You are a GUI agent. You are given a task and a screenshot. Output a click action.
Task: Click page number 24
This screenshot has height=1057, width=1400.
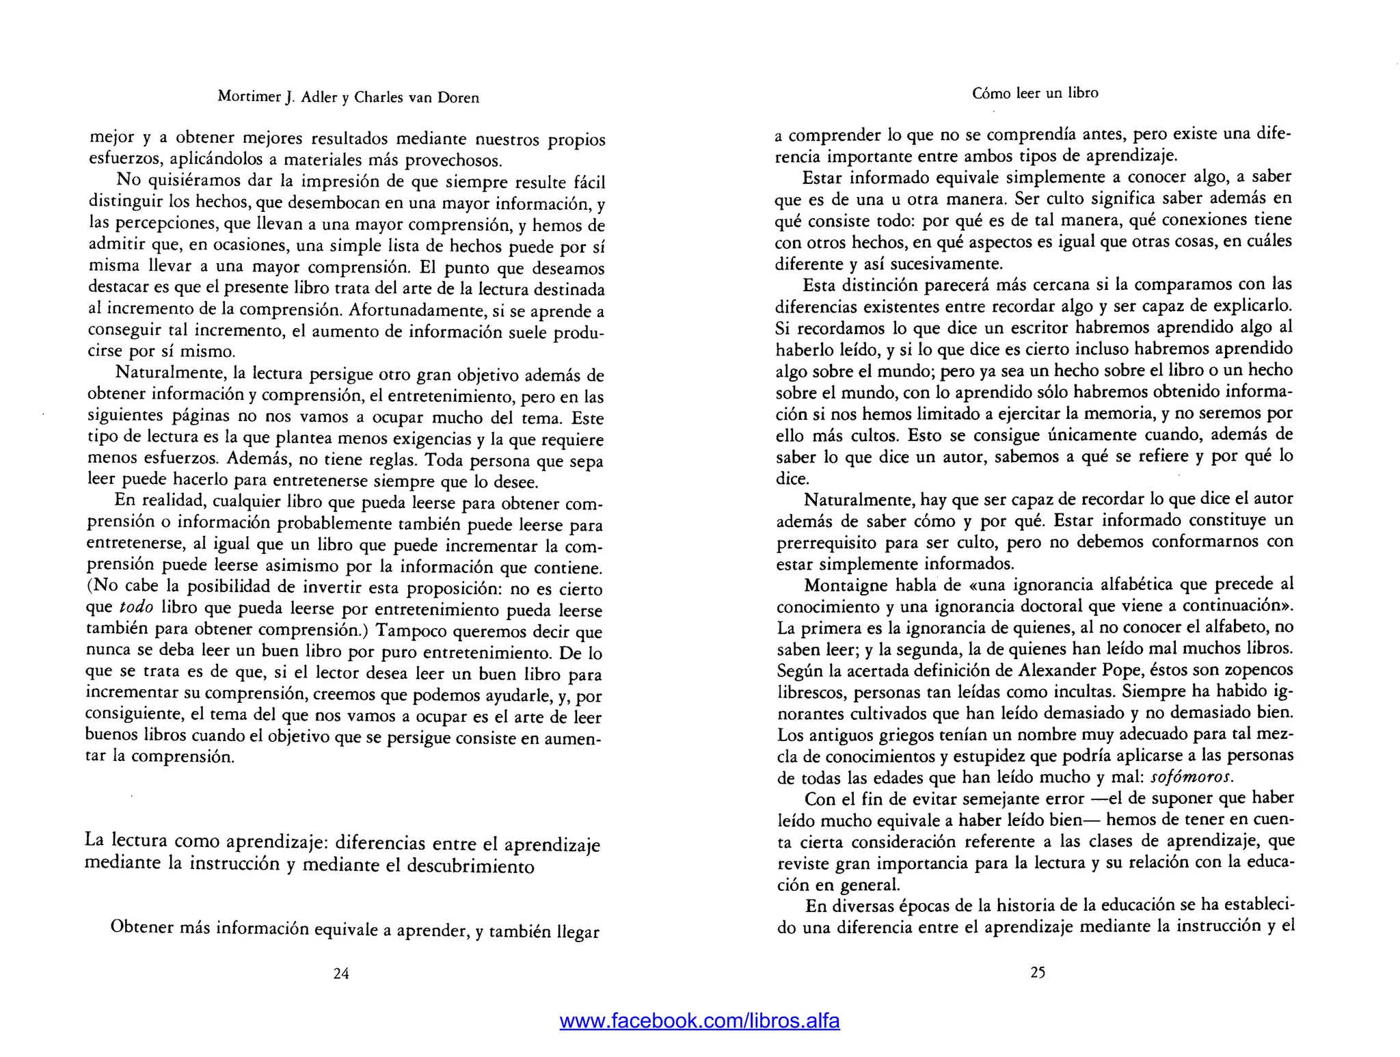point(341,974)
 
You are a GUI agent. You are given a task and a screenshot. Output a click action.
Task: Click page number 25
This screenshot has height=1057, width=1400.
point(1038,972)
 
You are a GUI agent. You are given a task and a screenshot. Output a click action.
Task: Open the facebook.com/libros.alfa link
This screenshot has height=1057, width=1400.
point(699,1021)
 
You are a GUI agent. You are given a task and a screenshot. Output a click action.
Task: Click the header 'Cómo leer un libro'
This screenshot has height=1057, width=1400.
point(1035,93)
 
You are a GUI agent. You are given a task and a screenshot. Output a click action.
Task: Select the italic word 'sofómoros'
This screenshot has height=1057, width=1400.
point(1192,777)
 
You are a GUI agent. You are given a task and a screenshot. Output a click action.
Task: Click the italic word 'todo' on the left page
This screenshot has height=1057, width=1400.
point(136,608)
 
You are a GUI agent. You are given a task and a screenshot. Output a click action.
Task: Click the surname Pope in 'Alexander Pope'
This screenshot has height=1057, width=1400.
point(1118,669)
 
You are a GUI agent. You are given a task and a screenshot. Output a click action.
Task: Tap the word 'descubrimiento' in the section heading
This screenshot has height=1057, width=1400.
point(470,866)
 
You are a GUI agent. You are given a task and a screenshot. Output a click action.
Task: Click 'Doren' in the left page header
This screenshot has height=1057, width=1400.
point(462,97)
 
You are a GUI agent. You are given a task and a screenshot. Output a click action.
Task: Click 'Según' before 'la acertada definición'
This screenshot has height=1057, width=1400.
point(799,669)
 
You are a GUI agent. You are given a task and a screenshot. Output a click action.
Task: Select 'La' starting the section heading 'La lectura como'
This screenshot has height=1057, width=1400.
point(94,839)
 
